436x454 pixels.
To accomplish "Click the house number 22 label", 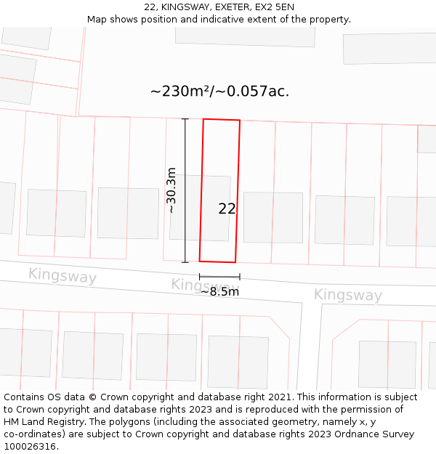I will coord(227,208).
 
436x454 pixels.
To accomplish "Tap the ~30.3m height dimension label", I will coord(171,190).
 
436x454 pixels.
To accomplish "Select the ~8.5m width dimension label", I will coord(219,291).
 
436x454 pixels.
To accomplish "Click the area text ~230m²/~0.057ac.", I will coord(219,92).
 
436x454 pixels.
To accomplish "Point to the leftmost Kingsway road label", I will coord(62,276).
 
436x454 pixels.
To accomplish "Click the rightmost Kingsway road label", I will coord(347,295).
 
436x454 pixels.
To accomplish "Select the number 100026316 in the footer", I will coord(31,447).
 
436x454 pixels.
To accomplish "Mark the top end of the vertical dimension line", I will coord(185,119).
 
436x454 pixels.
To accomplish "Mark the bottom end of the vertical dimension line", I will coord(185,262).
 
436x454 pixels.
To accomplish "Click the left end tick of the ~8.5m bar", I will coord(200,277).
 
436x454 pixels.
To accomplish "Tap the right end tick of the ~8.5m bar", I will coord(239,277).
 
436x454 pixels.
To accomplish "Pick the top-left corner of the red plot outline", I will coord(203,119).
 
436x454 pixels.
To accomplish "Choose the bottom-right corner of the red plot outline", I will coord(235,262).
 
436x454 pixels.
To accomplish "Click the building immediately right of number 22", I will coord(272,217).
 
